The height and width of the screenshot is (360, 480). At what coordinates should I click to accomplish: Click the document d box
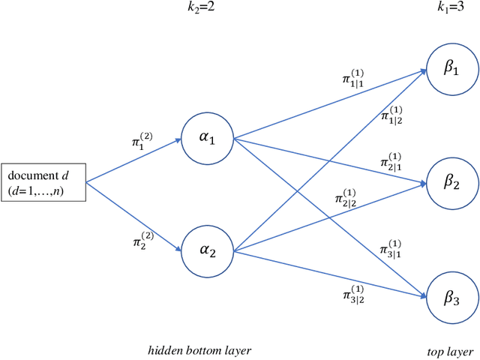pyautogui.click(x=43, y=181)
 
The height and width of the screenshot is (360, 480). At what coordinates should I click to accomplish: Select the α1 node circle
pyautogui.click(x=208, y=139)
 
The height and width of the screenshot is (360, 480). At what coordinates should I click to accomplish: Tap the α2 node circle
pyautogui.click(x=208, y=250)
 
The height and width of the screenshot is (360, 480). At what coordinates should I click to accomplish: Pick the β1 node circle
pyautogui.click(x=450, y=67)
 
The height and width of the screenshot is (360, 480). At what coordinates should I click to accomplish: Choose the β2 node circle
pyautogui.click(x=450, y=182)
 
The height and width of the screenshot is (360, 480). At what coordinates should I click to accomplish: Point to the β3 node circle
pyautogui.click(x=450, y=298)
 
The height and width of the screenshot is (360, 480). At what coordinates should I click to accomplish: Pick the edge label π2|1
pyautogui.click(x=391, y=160)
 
